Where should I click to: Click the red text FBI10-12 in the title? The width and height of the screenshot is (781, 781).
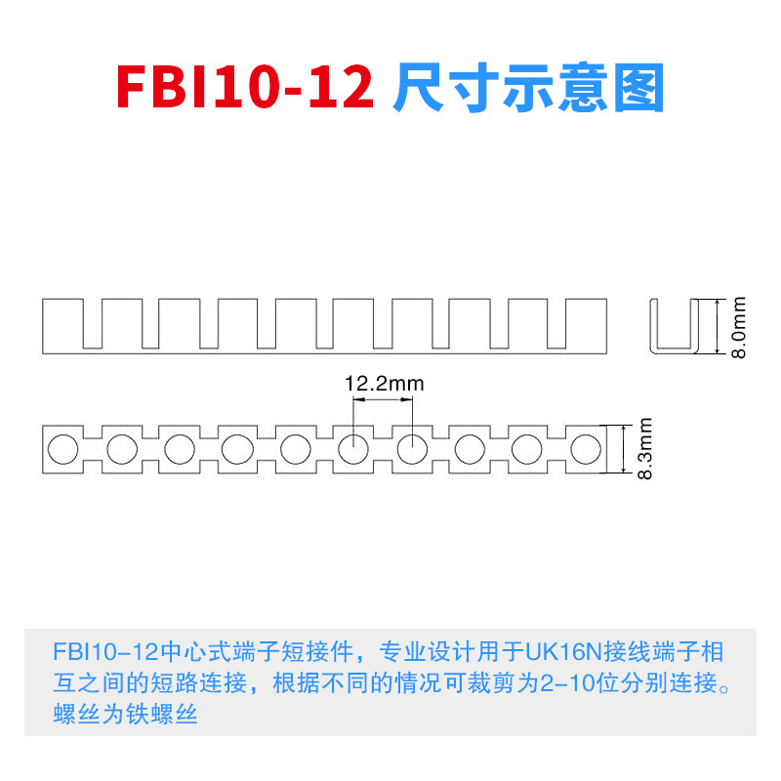tap(245, 89)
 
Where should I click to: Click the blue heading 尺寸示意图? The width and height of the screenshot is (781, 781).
tap(528, 89)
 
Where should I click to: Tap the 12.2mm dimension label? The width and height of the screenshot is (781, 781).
tap(385, 384)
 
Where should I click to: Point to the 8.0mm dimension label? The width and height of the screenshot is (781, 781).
tap(739, 327)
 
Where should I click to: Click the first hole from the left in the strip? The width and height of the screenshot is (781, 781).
tap(62, 449)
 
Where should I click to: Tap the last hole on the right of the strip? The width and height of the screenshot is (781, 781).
tap(586, 449)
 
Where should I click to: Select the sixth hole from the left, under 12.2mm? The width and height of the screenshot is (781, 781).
tap(353, 449)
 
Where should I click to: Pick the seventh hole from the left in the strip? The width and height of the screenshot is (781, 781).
tap(411, 449)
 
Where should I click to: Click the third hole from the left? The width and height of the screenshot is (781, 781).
tap(179, 449)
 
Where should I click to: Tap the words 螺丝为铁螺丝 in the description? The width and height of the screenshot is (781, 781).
tap(126, 714)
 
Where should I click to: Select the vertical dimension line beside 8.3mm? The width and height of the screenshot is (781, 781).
tap(622, 449)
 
